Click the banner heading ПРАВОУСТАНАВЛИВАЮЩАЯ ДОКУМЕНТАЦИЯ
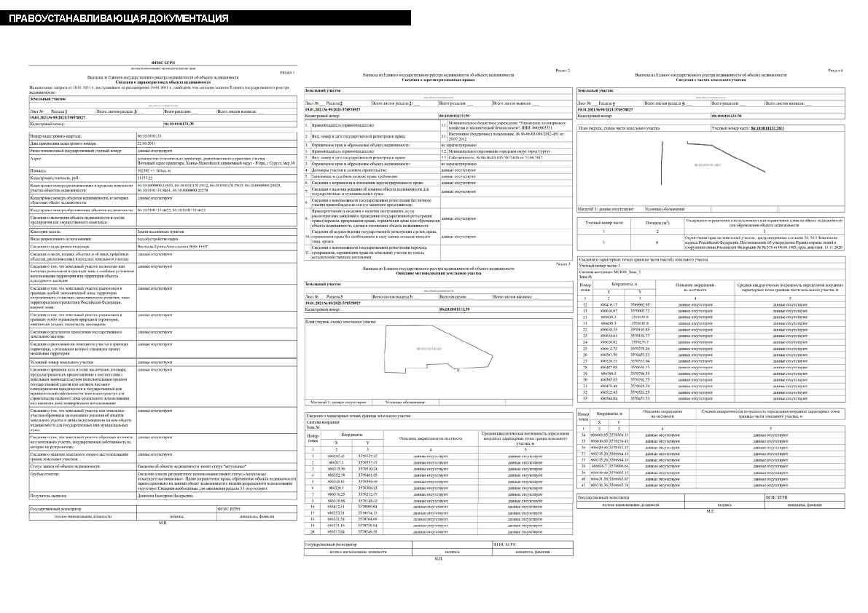(118, 18)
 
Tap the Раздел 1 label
(287, 74)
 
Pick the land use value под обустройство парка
(157, 238)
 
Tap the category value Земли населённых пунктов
(160, 231)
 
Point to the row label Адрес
(37, 158)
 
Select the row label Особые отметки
(47, 473)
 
